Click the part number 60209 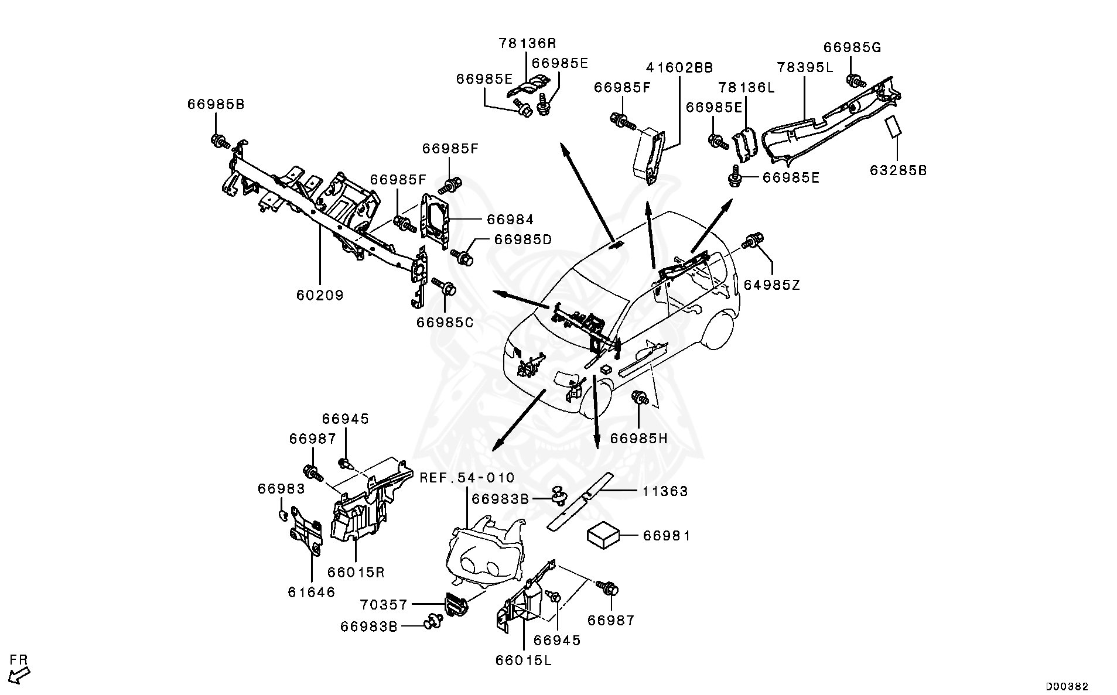click(x=320, y=295)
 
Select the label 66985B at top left click(x=216, y=104)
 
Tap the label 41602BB click(x=679, y=68)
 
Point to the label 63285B click(x=898, y=171)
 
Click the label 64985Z click(x=771, y=285)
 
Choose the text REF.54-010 click(x=467, y=478)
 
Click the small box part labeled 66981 click(x=604, y=535)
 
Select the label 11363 click(x=665, y=491)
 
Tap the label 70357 click(x=384, y=604)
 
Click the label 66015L click(x=523, y=660)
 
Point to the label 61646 click(x=312, y=592)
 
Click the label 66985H click(x=638, y=439)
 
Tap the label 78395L click(x=805, y=67)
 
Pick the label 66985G click(x=852, y=47)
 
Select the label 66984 click(x=510, y=220)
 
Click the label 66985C click(x=445, y=322)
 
